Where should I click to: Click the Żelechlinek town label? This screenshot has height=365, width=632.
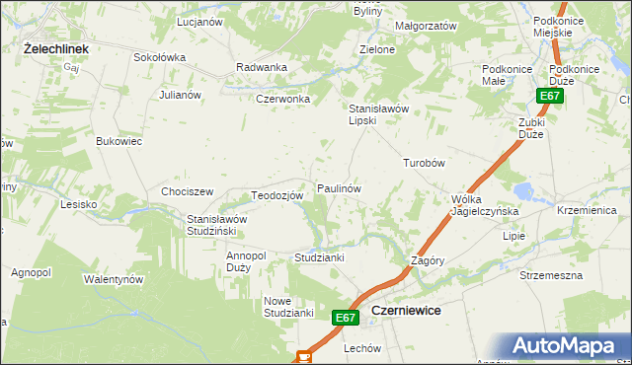pos(57,47)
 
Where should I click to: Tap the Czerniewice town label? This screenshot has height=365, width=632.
pos(405,310)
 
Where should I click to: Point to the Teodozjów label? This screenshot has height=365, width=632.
pos(276,195)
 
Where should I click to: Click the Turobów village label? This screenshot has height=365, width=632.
pos(425,163)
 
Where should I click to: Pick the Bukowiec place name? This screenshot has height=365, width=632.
pos(118,142)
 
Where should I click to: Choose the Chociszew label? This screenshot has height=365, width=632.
pos(188,191)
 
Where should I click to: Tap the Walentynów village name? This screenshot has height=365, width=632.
pos(114,279)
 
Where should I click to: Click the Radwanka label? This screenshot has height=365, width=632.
pos(262,67)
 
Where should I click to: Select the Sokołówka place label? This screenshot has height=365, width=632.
pos(159,57)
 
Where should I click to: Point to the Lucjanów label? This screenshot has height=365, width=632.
pos(197,21)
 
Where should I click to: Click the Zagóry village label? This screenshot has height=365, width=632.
pos(428,260)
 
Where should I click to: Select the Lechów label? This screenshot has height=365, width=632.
pos(362,348)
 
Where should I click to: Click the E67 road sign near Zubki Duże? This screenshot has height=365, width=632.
pos(550,96)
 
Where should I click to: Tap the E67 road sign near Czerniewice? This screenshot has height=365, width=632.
pos(344,318)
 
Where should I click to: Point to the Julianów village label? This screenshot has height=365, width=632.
pos(180,95)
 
